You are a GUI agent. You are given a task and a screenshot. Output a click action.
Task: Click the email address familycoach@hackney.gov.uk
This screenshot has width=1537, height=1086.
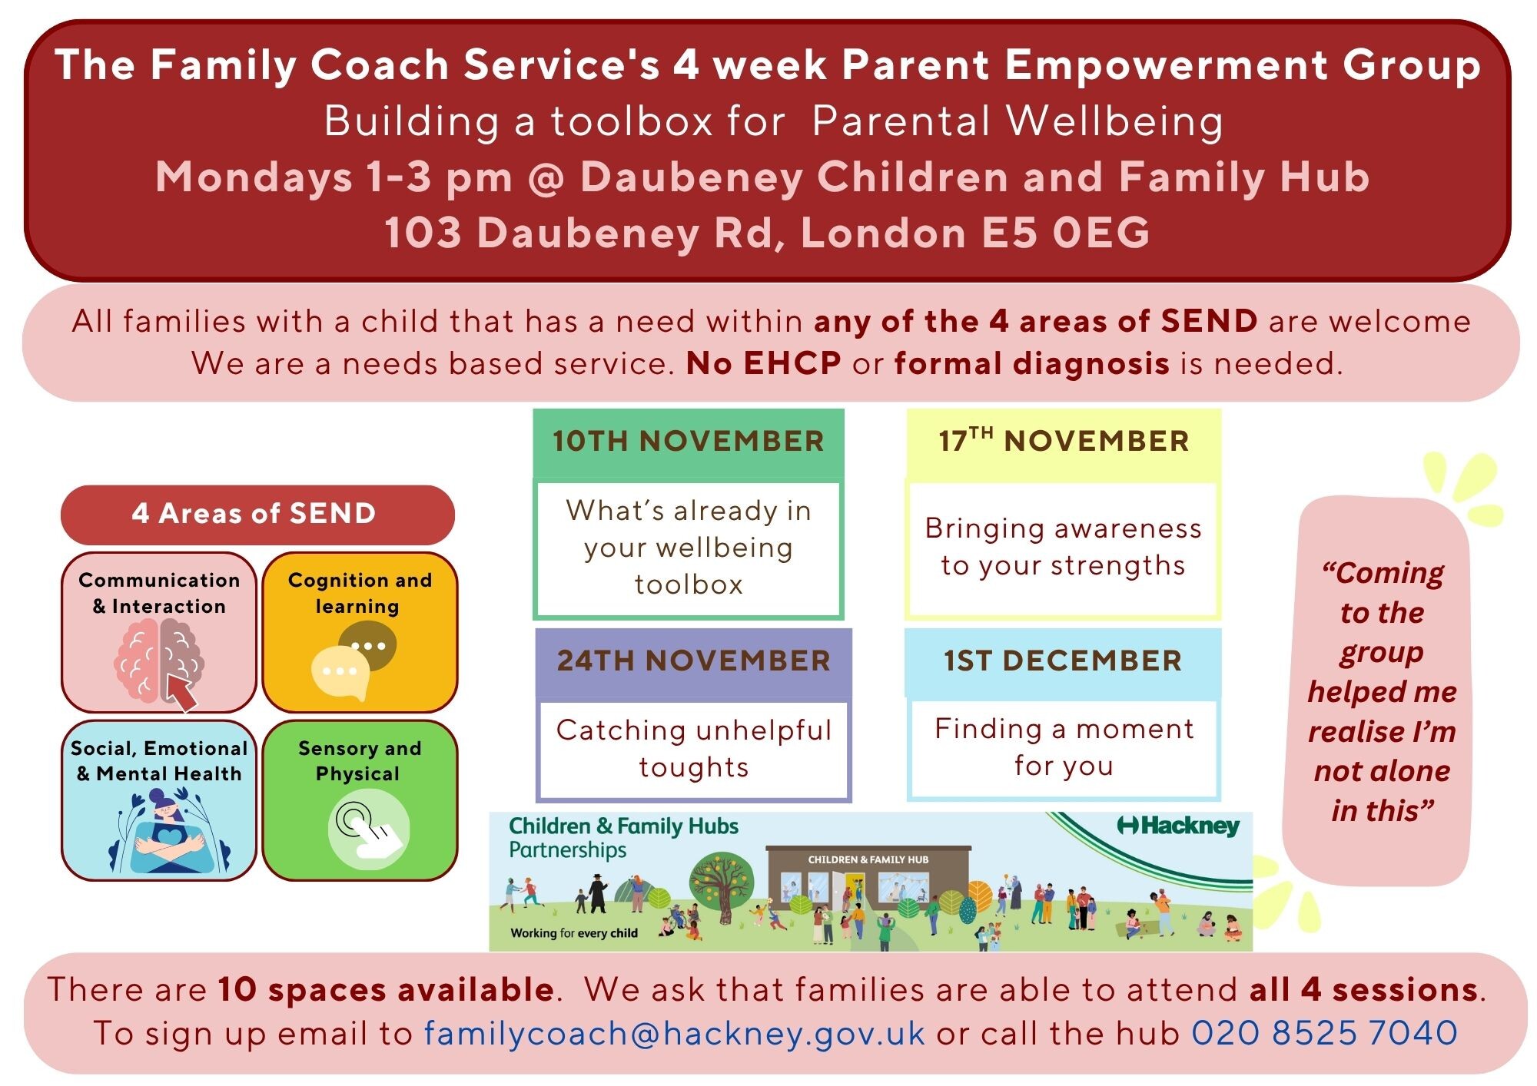tap(674, 1033)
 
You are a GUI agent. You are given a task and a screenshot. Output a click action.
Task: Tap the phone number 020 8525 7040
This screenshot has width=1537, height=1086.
tap(1324, 1032)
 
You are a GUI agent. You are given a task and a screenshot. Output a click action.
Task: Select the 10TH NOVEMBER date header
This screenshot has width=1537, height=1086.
tap(689, 442)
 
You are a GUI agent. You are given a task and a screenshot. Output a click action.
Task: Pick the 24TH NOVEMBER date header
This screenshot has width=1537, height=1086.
tap(694, 661)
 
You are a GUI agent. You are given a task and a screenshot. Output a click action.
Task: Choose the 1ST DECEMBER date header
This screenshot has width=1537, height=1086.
tap(1063, 661)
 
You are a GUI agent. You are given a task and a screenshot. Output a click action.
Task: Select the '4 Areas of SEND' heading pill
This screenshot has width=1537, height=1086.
tap(257, 514)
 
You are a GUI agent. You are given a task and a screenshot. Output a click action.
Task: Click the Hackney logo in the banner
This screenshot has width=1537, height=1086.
tap(1178, 826)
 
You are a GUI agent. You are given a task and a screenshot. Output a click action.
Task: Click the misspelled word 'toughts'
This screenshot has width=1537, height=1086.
tap(694, 767)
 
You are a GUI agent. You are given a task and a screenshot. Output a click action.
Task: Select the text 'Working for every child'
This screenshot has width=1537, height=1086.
tap(574, 933)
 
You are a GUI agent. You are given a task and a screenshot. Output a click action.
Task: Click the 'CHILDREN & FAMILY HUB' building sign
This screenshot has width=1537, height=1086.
tap(868, 859)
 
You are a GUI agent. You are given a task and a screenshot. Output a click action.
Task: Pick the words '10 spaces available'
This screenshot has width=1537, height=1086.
tap(386, 989)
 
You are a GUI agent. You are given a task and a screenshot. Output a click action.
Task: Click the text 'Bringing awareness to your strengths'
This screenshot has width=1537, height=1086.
tap(1064, 547)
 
